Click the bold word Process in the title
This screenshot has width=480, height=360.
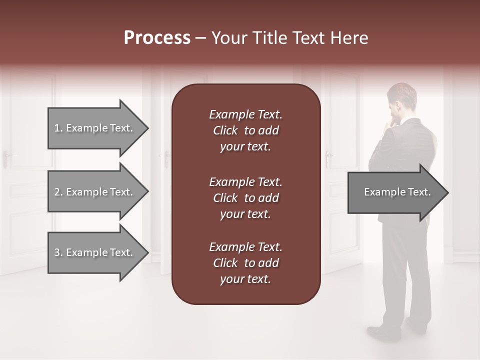click(x=157, y=38)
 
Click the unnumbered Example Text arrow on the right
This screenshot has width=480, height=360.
click(x=395, y=192)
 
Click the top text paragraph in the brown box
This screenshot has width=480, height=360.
click(x=245, y=130)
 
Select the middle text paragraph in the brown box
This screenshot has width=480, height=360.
click(x=245, y=198)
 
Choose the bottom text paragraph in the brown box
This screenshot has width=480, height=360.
click(x=245, y=263)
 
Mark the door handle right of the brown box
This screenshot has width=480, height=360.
click(x=328, y=158)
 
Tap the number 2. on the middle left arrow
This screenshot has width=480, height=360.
click(x=58, y=192)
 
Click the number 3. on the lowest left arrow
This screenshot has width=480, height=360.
click(x=58, y=252)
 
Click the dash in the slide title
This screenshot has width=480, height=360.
click(x=200, y=38)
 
